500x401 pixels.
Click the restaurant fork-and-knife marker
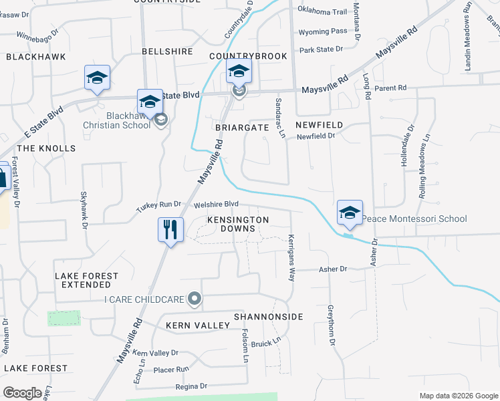(x=170, y=231)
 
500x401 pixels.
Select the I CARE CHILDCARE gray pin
(x=194, y=299)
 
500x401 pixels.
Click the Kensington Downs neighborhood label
(x=237, y=224)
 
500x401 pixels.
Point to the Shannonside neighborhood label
(x=268, y=316)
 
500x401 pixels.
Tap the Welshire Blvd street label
(x=216, y=205)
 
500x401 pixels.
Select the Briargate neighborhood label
(x=241, y=126)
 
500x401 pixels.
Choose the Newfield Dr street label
(x=316, y=136)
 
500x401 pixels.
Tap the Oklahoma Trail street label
(x=322, y=12)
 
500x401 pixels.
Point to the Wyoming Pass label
(x=323, y=31)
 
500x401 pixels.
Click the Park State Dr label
(x=321, y=49)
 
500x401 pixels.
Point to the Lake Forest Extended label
(x=86, y=280)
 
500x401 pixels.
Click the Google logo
(x=22, y=393)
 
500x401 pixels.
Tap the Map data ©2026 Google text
(x=458, y=396)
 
